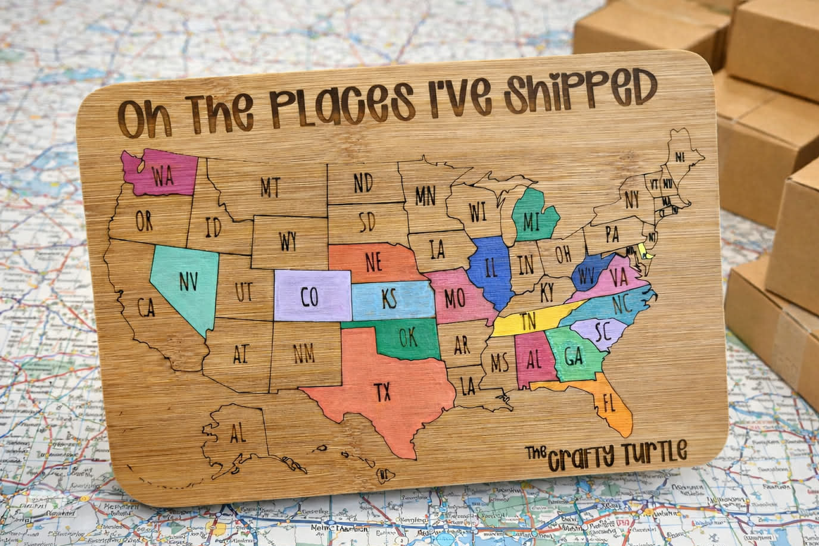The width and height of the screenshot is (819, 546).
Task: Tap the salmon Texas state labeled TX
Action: click(x=381, y=390)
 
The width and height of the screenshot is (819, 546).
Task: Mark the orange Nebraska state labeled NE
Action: click(x=374, y=261)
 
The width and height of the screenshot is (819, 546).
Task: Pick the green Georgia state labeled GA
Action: click(x=573, y=357)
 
